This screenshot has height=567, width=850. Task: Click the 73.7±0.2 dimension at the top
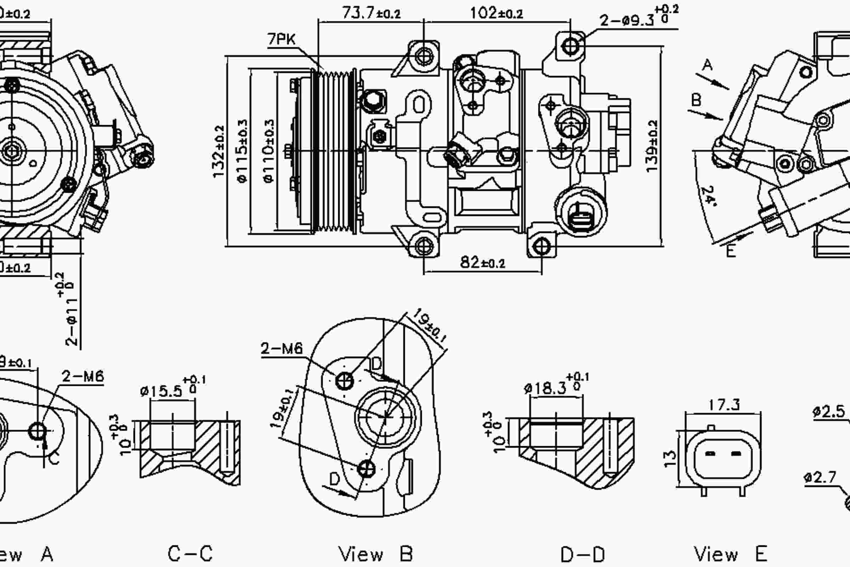pyautogui.click(x=371, y=13)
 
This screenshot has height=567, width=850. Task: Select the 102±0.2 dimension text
pyautogui.click(x=496, y=13)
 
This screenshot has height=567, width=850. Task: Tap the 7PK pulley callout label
pyautogui.click(x=281, y=39)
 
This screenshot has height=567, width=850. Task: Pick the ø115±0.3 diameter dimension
pyautogui.click(x=243, y=151)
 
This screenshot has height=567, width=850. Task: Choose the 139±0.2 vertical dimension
pyautogui.click(x=651, y=146)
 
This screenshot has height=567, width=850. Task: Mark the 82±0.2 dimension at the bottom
pyautogui.click(x=482, y=262)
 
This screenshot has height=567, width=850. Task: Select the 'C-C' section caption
pyautogui.click(x=190, y=554)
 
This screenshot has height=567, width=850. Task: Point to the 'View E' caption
pyautogui.click(x=730, y=554)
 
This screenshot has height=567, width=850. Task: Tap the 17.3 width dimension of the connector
pyautogui.click(x=724, y=405)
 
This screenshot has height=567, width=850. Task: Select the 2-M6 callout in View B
pyautogui.click(x=282, y=349)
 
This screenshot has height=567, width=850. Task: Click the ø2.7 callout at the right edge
pyautogui.click(x=820, y=478)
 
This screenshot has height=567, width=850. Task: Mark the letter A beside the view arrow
pyautogui.click(x=707, y=65)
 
